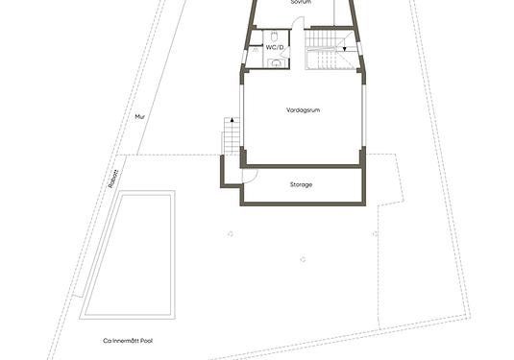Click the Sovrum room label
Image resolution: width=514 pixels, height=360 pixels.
click(x=301, y=3)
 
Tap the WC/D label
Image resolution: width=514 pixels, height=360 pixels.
click(x=276, y=46)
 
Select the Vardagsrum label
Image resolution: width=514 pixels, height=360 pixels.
click(x=302, y=110)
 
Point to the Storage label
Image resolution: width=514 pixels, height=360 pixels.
click(x=301, y=184)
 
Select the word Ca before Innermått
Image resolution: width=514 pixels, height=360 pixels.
click(x=107, y=340)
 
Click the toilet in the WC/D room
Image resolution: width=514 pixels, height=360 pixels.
click(x=277, y=62)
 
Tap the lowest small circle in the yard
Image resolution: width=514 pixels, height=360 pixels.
click(x=301, y=256)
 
